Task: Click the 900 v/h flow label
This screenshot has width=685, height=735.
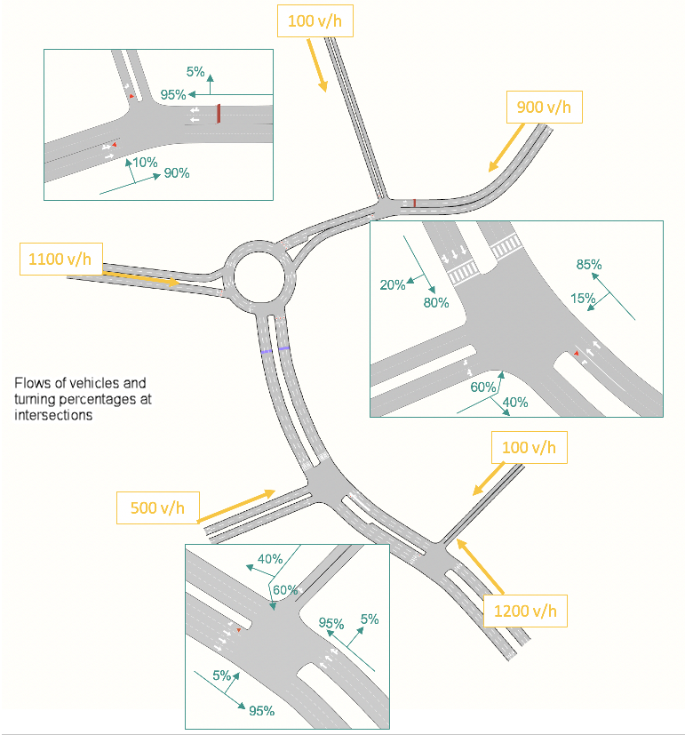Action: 544,108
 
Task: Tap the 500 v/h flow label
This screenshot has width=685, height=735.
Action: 156,507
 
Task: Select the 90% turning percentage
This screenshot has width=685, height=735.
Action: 176,173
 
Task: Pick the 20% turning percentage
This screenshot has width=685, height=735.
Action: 393,284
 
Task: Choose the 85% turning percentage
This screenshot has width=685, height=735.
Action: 589,264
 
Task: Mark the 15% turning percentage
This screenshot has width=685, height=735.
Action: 583,299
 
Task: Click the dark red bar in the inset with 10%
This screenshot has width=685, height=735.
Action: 218,113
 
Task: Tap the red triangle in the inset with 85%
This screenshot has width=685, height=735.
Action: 577,354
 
